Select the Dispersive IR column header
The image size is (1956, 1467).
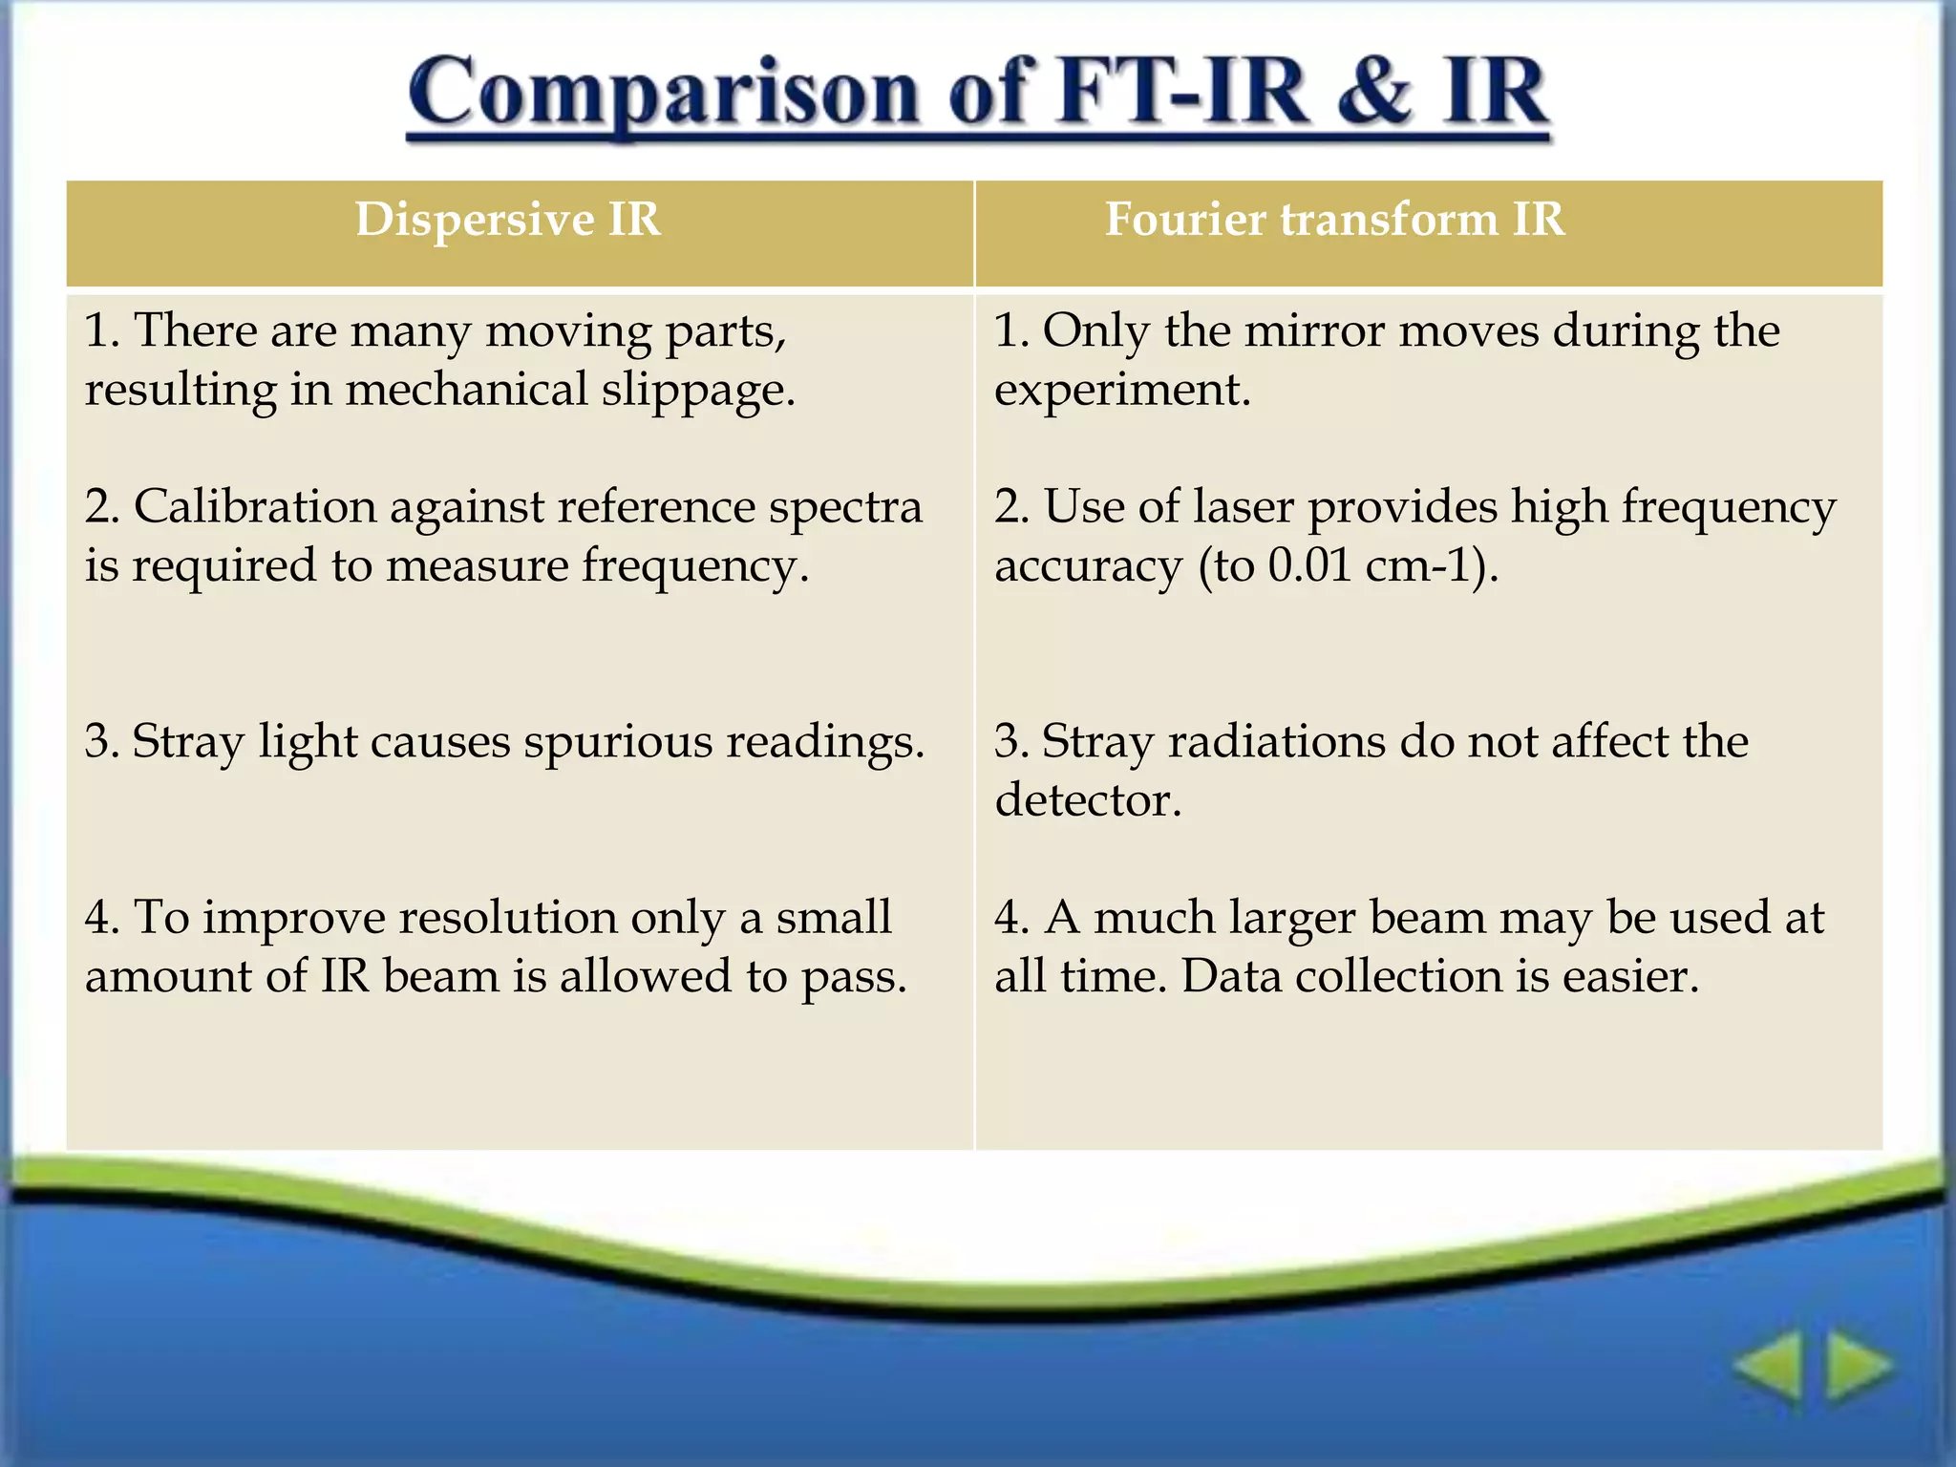point(507,220)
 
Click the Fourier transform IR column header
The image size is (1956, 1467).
point(1334,220)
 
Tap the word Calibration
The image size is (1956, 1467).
point(255,507)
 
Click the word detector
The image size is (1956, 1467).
point(1087,800)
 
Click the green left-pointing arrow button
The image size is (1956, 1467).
point(1768,1368)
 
